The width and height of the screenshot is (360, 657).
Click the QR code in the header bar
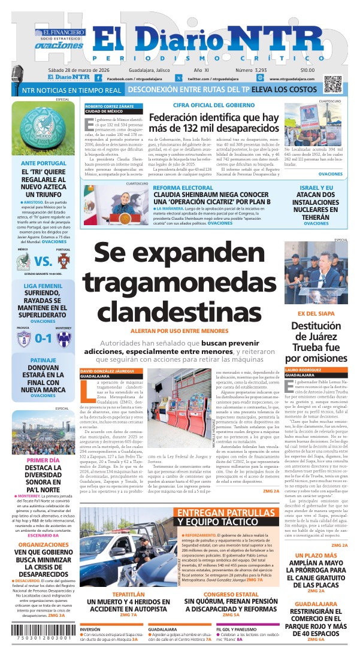(x=332, y=83)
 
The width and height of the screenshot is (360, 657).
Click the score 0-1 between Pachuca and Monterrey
(x=43, y=338)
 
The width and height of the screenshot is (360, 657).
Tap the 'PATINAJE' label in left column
(x=43, y=360)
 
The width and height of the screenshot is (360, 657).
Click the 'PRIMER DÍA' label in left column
(x=43, y=460)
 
